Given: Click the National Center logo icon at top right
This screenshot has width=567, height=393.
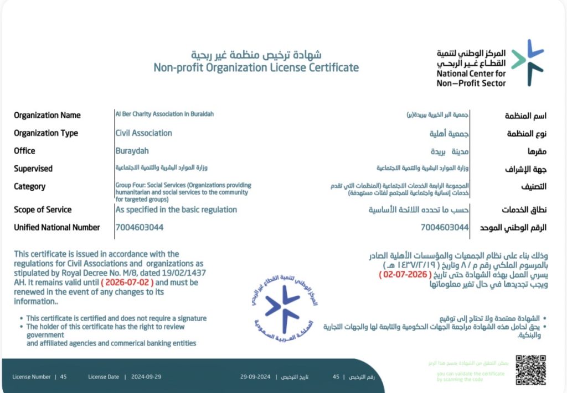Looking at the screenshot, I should [527, 62].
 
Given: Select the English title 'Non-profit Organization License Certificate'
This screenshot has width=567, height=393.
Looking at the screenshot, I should [256, 68].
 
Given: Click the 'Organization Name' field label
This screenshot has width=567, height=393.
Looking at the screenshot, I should [47, 115].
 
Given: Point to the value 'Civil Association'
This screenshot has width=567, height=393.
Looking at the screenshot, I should [143, 133].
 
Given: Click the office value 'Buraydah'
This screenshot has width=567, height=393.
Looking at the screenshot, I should [132, 150].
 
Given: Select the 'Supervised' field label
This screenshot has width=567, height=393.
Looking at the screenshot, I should [33, 168].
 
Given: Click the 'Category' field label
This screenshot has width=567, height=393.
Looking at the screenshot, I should [29, 186].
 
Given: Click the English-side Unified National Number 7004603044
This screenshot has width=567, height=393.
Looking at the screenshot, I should [139, 227].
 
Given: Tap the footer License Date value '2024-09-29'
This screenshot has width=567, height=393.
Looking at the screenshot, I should [146, 377].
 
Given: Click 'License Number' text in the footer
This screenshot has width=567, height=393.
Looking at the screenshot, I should [31, 377].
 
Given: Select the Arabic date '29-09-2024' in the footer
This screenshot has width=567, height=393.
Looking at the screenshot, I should [255, 377].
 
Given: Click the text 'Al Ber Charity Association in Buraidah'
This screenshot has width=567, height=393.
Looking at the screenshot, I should [164, 114].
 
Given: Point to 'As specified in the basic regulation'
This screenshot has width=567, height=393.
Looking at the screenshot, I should [176, 209].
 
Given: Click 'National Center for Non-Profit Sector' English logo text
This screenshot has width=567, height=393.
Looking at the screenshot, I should [471, 78].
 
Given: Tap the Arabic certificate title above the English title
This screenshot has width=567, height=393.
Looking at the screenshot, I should [256, 55].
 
